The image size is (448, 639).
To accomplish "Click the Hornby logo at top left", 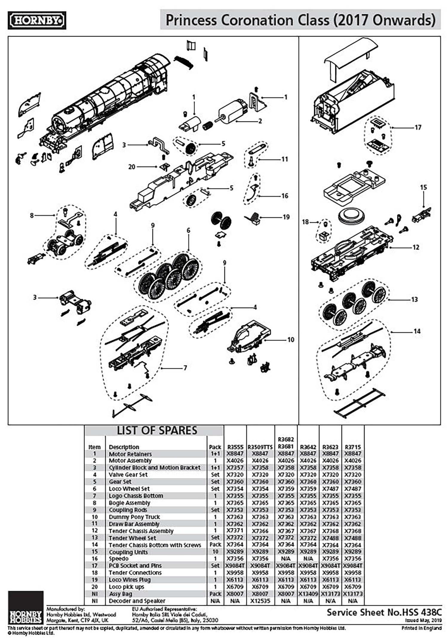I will pyautogui.click(x=37, y=20).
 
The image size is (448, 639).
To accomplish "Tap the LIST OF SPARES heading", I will pyautogui.click(x=157, y=430).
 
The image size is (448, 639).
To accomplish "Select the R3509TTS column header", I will pyautogui.click(x=260, y=447).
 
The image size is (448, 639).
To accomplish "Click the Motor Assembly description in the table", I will pyautogui.click(x=130, y=461).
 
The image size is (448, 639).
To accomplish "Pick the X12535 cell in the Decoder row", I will pyautogui.click(x=260, y=601).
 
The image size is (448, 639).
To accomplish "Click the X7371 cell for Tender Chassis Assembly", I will pyautogui.click(x=235, y=531).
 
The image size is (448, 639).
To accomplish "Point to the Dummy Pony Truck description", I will pyautogui.click(x=134, y=517).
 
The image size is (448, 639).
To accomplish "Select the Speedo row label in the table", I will pyautogui.click(x=119, y=559).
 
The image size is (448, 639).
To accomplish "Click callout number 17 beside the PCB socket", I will pyautogui.click(x=418, y=128).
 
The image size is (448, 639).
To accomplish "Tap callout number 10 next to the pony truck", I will pyautogui.click(x=291, y=340).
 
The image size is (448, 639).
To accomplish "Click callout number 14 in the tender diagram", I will pyautogui.click(x=417, y=331).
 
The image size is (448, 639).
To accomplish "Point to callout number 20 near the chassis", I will pyautogui.click(x=132, y=167).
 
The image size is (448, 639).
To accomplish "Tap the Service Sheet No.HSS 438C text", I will pyautogui.click(x=384, y=612).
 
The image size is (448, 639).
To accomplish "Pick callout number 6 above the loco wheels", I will pyautogui.click(x=188, y=231).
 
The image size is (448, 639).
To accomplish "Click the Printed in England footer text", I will pyautogui.click(x=421, y=628).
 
